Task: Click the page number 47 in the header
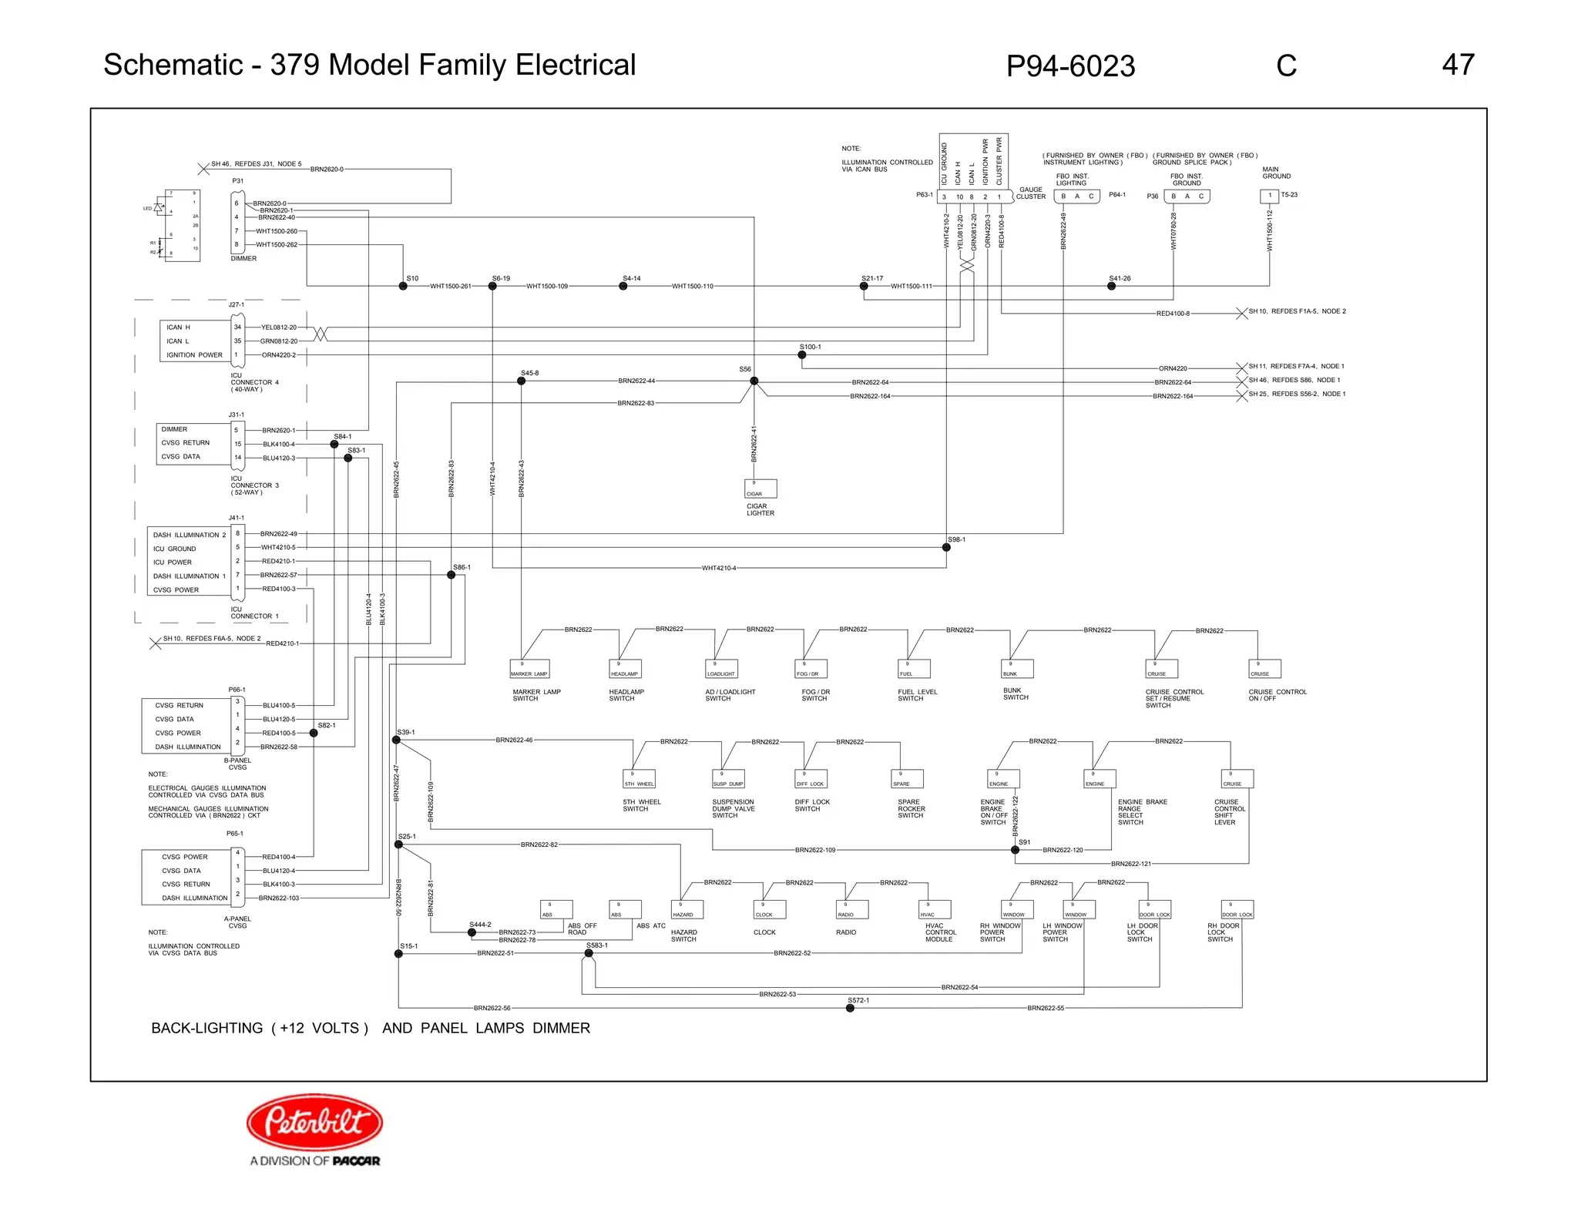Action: (1458, 65)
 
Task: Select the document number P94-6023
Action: (1070, 66)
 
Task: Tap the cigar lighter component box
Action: (760, 489)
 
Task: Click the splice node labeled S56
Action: (754, 381)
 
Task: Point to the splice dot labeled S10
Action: (403, 286)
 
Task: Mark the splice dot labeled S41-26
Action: (1111, 286)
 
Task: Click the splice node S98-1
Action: (946, 547)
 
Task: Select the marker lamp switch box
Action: (529, 669)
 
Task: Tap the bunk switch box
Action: (1017, 669)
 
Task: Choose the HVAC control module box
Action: (935, 909)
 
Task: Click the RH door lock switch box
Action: (1237, 909)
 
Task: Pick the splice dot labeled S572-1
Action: (850, 1008)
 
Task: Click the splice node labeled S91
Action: (1015, 850)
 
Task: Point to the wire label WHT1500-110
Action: (692, 286)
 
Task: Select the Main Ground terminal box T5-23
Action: (1269, 196)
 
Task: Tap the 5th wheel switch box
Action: (639, 779)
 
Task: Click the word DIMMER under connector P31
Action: (243, 259)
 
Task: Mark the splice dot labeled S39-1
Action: (396, 740)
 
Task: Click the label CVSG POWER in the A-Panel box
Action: (185, 857)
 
